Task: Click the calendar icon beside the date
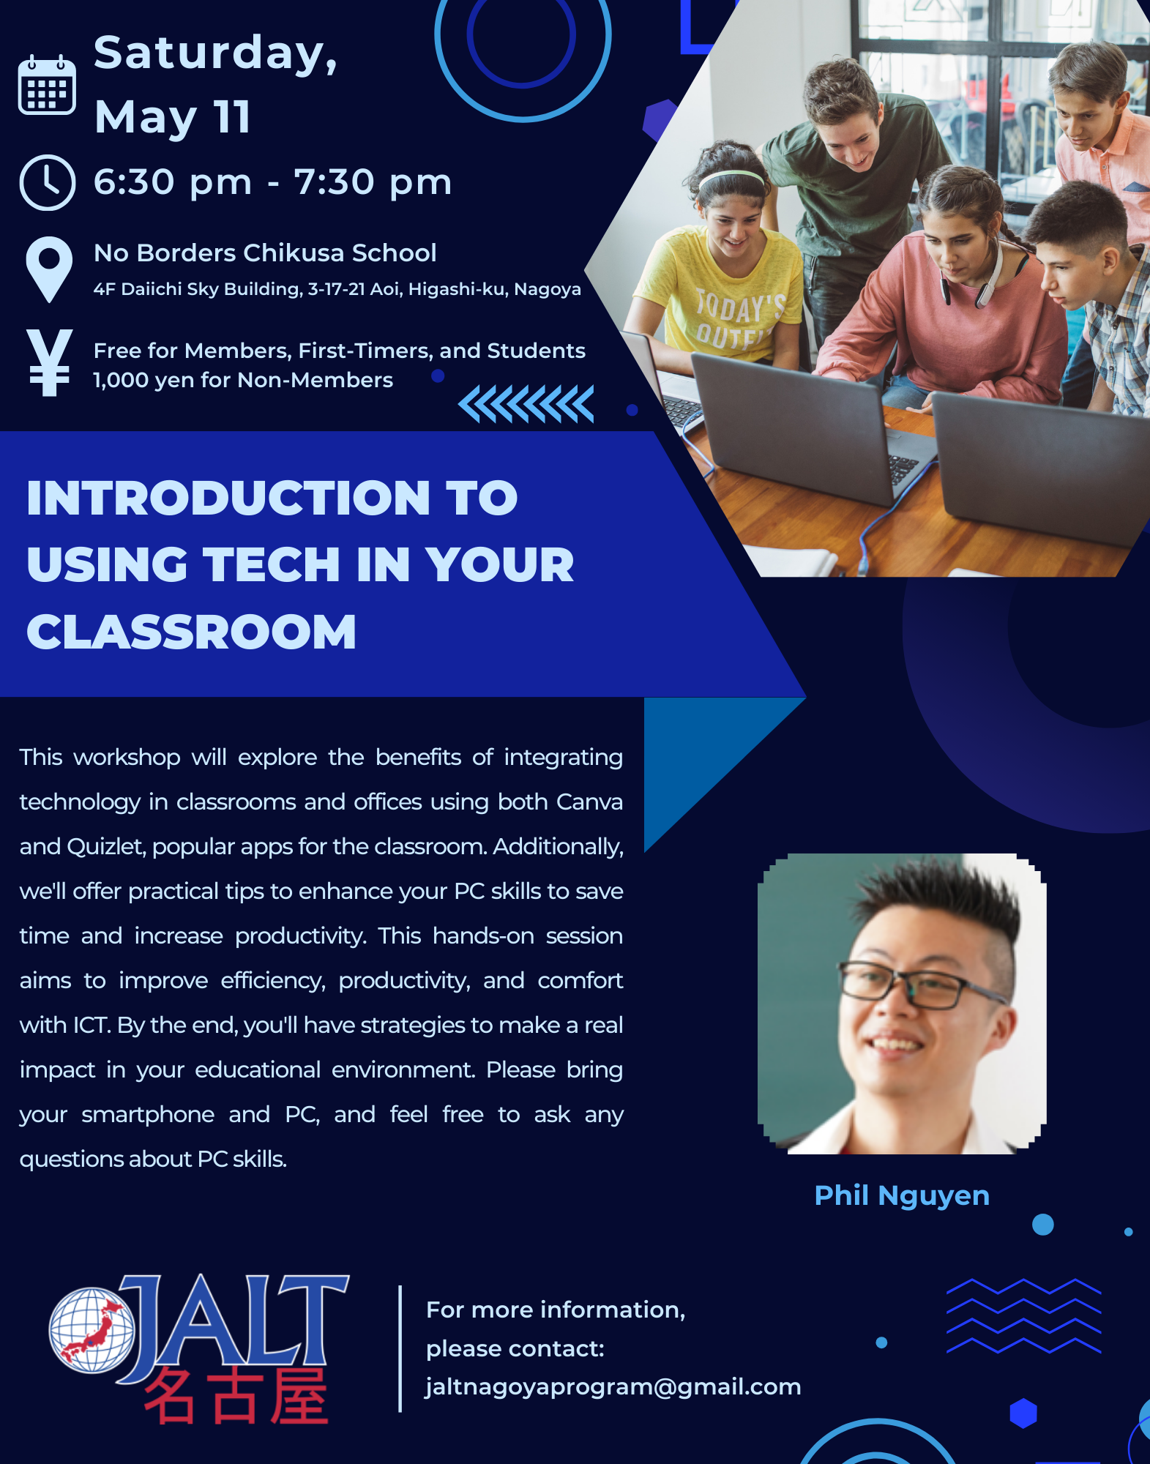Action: [47, 84]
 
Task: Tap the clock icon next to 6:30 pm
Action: [48, 182]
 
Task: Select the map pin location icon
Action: [49, 269]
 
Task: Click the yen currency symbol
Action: [49, 363]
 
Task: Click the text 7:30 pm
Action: [373, 182]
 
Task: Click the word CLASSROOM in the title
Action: [192, 632]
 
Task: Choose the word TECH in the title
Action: [271, 564]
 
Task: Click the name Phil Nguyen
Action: [902, 1196]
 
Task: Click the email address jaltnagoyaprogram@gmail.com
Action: [613, 1387]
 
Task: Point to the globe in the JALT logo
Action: [92, 1330]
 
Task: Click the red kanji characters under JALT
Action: [236, 1397]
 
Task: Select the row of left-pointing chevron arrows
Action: [526, 404]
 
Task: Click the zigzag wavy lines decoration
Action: [1023, 1316]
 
